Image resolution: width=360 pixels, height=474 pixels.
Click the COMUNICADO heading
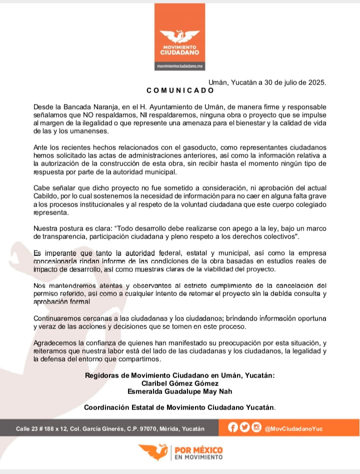(180, 90)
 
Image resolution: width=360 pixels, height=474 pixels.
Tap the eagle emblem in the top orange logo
(180, 36)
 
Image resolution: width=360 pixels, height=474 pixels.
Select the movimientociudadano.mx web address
(180, 66)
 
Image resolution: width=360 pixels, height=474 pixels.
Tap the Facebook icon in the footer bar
(232, 428)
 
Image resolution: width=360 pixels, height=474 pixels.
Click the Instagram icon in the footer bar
(256, 428)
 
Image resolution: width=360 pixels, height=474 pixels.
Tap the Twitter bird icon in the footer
(244, 428)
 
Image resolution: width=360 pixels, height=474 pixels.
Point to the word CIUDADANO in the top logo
(180, 52)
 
